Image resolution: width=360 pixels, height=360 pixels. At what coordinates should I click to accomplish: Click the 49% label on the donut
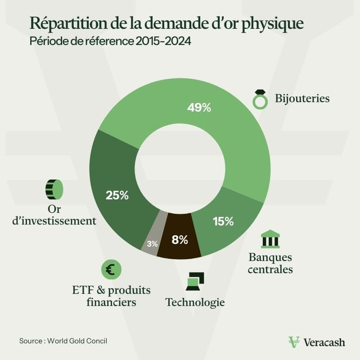[199, 108]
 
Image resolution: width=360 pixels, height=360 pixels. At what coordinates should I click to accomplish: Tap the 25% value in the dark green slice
[117, 195]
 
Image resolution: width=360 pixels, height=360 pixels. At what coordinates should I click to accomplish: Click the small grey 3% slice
[152, 243]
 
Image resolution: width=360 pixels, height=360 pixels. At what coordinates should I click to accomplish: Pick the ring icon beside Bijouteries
[260, 99]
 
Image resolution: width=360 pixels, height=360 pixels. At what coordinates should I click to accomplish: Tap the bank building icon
[270, 239]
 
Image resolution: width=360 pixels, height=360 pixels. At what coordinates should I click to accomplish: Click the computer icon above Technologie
[195, 281]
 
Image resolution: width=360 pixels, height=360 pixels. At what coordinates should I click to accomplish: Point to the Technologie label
[195, 302]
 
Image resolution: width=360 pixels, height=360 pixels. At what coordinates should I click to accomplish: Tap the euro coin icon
[111, 270]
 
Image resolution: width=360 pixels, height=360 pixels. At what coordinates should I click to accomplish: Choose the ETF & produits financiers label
[111, 296]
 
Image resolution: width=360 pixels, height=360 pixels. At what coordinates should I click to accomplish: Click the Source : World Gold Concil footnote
[63, 341]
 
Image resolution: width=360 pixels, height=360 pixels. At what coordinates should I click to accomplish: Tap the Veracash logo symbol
[294, 342]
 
